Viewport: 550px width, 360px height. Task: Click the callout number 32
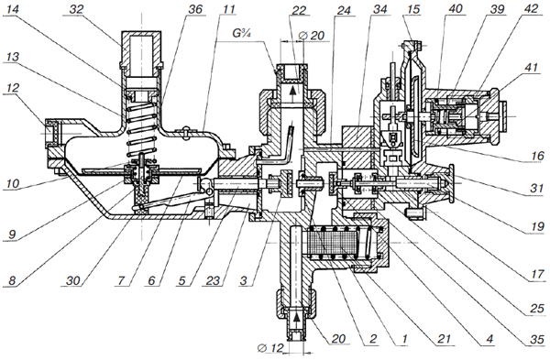(x=76, y=9)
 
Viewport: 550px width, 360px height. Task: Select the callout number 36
(x=195, y=9)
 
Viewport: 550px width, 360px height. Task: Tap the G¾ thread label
(x=242, y=33)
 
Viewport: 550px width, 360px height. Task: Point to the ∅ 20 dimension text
(x=311, y=36)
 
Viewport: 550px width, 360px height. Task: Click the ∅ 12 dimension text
(x=270, y=348)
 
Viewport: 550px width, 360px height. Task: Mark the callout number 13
(x=14, y=57)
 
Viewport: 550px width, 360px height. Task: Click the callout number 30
(x=72, y=280)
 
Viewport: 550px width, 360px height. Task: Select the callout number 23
(x=213, y=280)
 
